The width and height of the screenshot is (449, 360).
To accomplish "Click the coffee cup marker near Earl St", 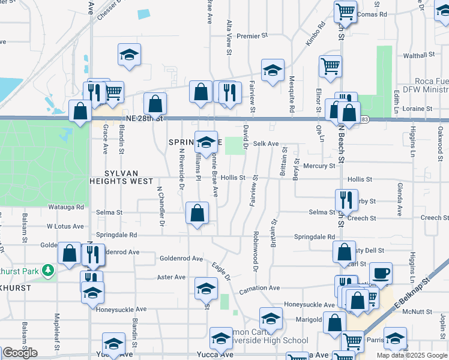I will coord(381,274).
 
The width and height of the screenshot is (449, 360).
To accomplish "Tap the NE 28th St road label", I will coord(142,118).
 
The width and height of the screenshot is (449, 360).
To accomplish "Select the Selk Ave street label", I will coord(266,144).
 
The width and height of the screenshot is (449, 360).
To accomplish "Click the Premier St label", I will coord(247,37).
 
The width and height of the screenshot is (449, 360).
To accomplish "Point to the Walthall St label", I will coord(419,55).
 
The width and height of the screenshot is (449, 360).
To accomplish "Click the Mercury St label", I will coord(319,166).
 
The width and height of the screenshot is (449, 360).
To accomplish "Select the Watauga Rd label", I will coord(67,208).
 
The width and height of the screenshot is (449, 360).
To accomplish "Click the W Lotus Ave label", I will coord(65,226).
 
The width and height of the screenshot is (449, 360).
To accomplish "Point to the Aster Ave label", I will coord(171,277).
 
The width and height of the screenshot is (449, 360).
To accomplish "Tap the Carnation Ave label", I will coord(259,288).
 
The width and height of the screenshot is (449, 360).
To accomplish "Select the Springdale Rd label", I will coord(315,237).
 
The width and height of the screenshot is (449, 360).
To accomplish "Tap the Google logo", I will coord(20,353).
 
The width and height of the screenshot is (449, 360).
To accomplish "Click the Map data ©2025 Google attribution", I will coord(411,355).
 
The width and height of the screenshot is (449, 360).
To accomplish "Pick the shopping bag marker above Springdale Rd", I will coord(197,213).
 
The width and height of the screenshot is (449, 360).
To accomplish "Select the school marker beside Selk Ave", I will coord(206,143).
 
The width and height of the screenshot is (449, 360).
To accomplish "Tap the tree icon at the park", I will coord(47,271).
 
